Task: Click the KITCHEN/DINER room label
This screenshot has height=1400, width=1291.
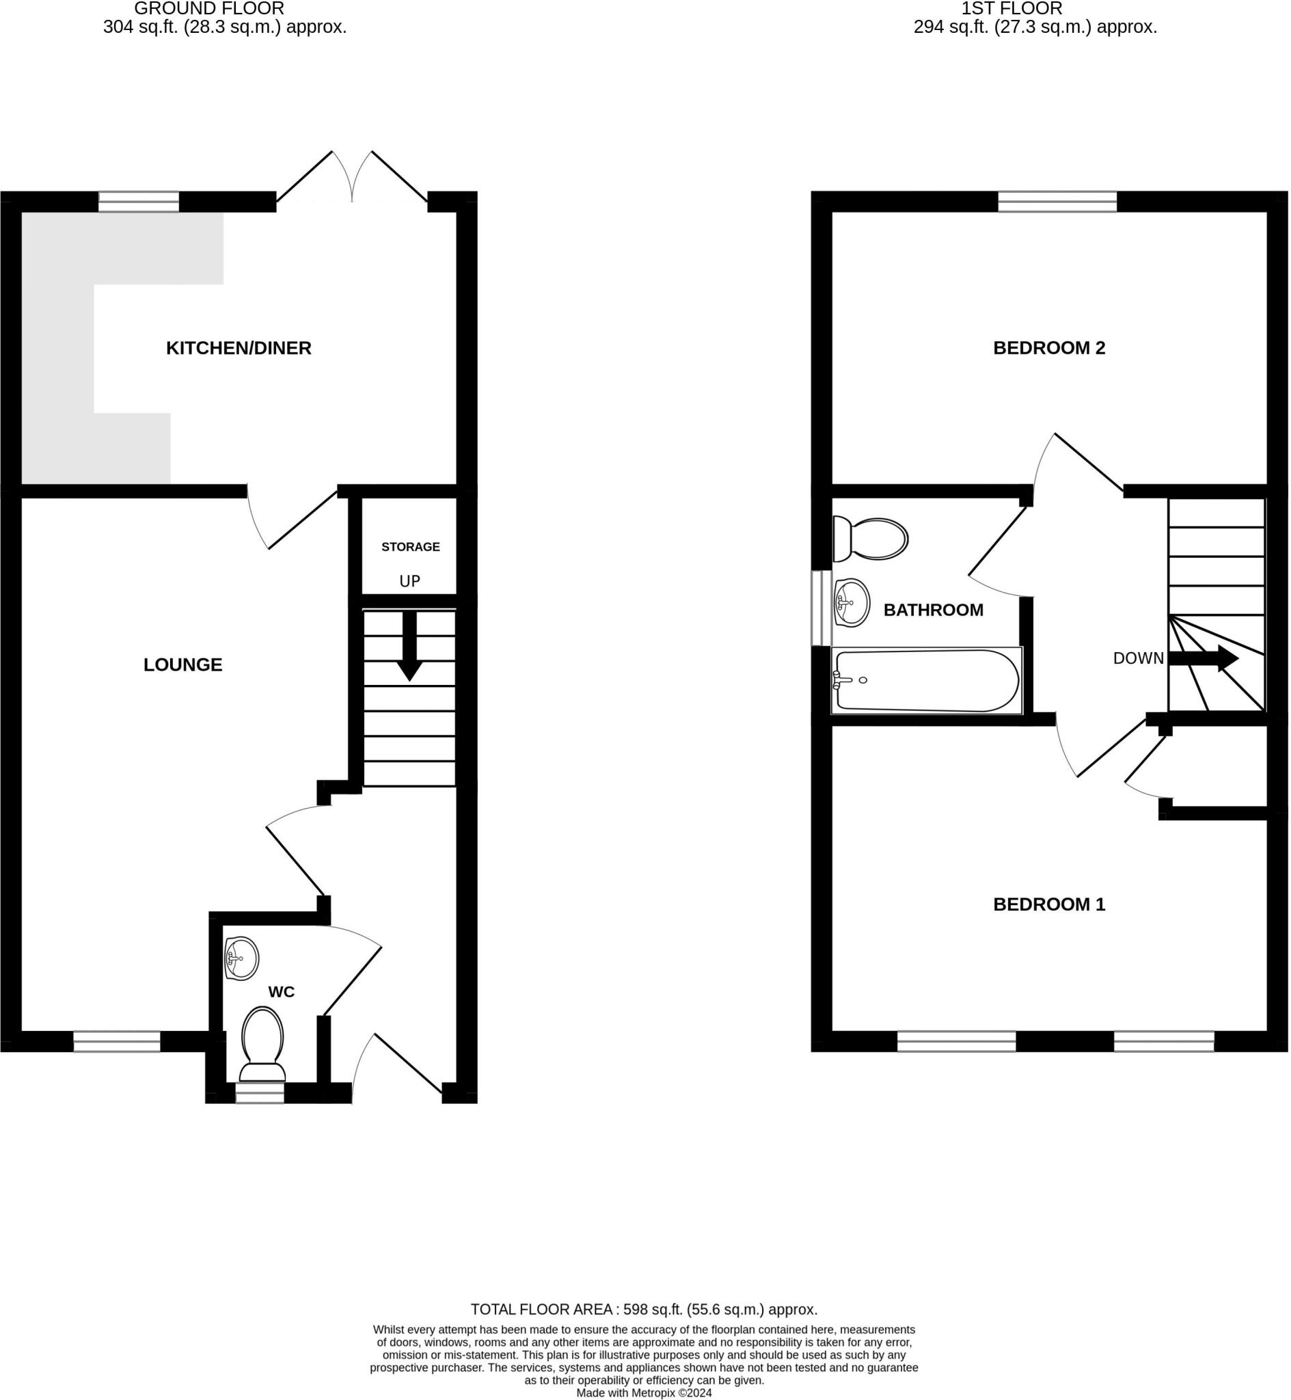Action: (x=239, y=348)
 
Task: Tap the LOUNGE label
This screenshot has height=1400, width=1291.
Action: (x=183, y=665)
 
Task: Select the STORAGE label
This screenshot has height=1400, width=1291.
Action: (x=411, y=547)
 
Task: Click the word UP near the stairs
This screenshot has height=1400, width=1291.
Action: (x=410, y=581)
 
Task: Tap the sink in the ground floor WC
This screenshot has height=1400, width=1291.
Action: (x=242, y=958)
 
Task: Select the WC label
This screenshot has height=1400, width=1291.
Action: (x=282, y=992)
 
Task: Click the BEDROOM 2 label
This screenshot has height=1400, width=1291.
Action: (x=1049, y=348)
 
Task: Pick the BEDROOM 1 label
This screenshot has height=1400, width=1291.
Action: (x=1049, y=904)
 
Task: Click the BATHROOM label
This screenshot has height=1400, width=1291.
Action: (x=934, y=610)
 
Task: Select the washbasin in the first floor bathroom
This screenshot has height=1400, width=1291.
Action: (x=852, y=603)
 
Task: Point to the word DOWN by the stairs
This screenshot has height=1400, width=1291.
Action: (x=1139, y=659)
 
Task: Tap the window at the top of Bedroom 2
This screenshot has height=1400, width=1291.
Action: (x=1058, y=202)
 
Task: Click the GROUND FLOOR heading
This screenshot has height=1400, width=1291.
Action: (x=209, y=9)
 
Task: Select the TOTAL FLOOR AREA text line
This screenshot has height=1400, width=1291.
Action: (x=644, y=1309)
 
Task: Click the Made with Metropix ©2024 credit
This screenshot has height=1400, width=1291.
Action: (x=644, y=1393)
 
